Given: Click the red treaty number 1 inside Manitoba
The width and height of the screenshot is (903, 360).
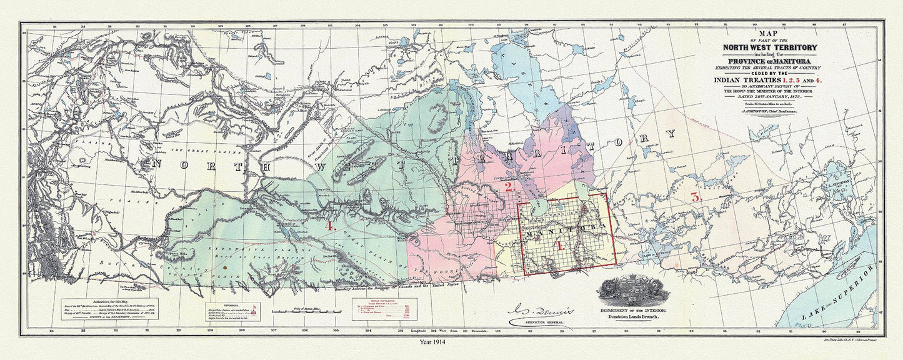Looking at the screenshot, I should [560, 246].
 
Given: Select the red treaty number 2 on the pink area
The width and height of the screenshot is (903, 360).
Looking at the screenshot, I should [509, 187].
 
